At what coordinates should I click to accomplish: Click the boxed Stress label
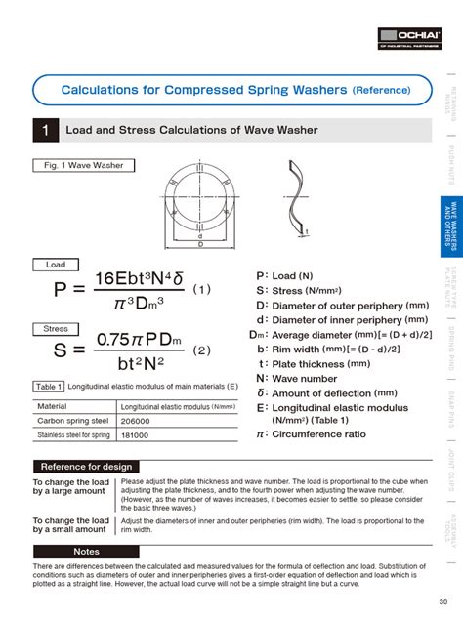(56, 329)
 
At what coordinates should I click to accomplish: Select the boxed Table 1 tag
(49, 387)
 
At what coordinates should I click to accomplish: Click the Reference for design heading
(86, 467)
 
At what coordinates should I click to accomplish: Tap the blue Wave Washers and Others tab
(449, 225)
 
